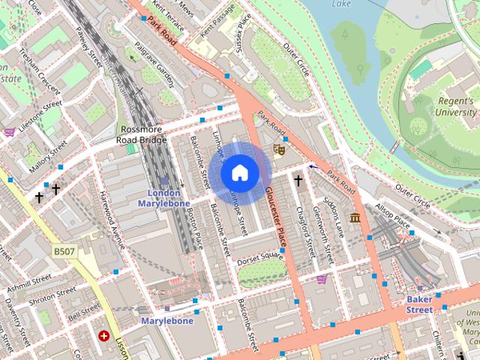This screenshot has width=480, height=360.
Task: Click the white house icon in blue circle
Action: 238,173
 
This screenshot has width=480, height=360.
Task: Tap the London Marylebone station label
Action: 163,198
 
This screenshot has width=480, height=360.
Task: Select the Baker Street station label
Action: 419,304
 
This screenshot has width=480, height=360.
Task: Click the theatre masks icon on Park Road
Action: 279,148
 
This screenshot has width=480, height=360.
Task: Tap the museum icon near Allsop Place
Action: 353,217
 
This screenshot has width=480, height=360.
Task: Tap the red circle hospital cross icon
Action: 103,335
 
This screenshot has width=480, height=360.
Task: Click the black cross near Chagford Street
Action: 298,181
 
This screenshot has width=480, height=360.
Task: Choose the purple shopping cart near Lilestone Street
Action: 9,132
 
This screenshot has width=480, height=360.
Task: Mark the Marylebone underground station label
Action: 166,321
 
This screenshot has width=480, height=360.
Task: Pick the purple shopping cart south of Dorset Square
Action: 322,279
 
